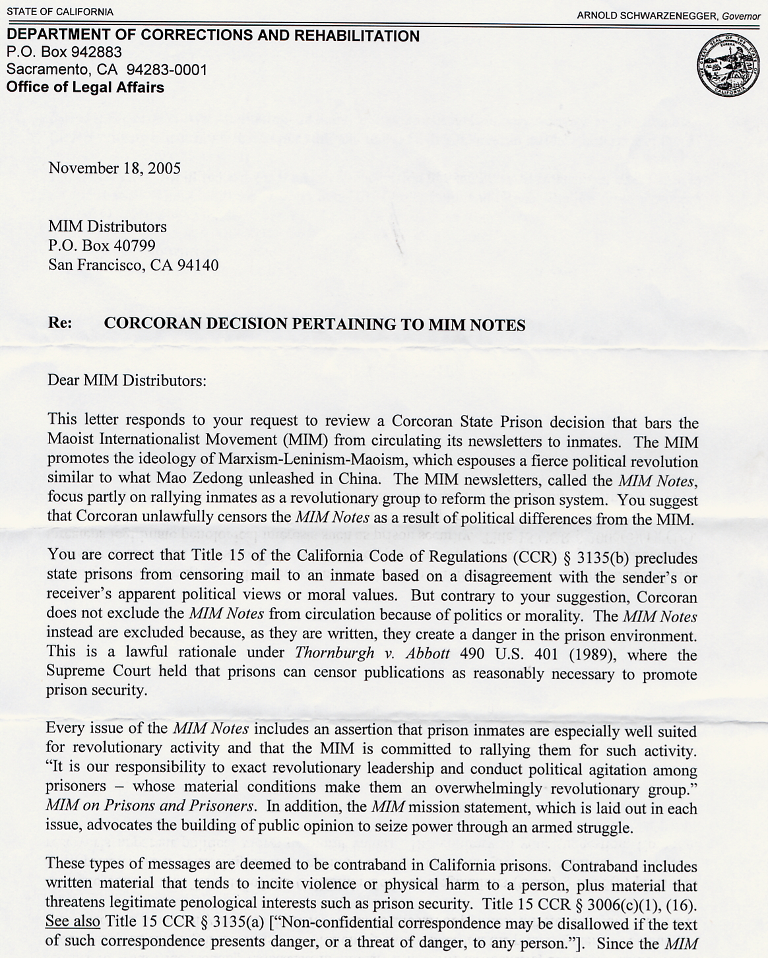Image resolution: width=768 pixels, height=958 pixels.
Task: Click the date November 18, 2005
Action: click(114, 168)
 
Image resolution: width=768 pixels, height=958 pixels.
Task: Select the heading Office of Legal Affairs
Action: click(85, 87)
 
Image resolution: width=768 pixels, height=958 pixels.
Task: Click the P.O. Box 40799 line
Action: click(102, 246)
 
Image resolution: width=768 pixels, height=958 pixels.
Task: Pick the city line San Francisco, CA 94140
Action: click(133, 265)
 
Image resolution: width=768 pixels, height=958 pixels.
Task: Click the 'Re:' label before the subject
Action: click(60, 324)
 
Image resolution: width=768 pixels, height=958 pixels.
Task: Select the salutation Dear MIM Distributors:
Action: click(127, 381)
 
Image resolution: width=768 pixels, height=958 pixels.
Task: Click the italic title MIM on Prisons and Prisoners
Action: click(150, 806)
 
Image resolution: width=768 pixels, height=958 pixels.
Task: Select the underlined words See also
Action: click(73, 922)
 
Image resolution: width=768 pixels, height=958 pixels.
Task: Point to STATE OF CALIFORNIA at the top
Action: click(60, 12)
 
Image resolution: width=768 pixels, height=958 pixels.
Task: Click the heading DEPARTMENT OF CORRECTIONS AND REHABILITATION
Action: click(213, 36)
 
